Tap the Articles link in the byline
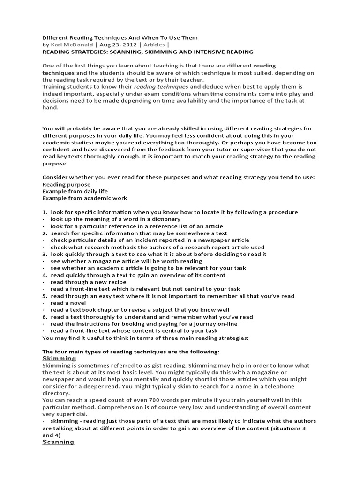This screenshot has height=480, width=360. pos(154,45)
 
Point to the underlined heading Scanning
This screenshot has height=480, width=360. pos(58,442)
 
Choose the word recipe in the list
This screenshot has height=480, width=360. pos(117,282)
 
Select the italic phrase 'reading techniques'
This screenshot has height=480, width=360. pos(161,87)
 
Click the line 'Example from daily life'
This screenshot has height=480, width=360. pos(75,191)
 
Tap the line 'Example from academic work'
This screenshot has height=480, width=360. pos(84,198)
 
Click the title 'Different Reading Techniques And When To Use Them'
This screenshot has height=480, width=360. pos(120,37)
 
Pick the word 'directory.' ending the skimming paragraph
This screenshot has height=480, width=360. pos(56,393)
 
